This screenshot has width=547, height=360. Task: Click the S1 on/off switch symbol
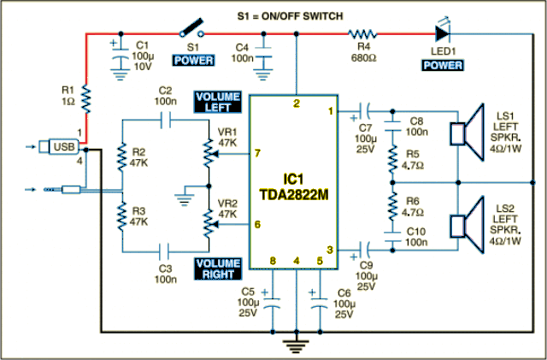click(x=191, y=28)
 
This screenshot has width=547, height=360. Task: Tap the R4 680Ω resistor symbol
click(x=362, y=34)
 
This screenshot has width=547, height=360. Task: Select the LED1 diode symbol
click(x=443, y=32)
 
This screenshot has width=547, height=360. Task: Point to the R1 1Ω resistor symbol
click(x=86, y=99)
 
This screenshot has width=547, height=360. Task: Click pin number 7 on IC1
click(x=257, y=153)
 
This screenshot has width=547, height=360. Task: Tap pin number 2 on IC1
click(x=297, y=103)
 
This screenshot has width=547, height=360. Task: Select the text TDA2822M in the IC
click(x=294, y=195)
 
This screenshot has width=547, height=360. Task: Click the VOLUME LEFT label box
click(x=218, y=102)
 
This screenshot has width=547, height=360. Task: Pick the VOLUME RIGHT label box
click(x=218, y=269)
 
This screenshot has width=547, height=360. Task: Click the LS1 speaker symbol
click(x=468, y=133)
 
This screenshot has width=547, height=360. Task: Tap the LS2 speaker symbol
click(x=468, y=225)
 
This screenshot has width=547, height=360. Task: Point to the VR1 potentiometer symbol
click(x=209, y=153)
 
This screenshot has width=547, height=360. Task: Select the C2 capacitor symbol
click(x=166, y=121)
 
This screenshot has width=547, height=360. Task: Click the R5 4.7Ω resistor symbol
click(x=393, y=159)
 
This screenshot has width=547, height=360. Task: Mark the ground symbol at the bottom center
click(x=297, y=345)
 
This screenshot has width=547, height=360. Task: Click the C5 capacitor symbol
click(x=273, y=303)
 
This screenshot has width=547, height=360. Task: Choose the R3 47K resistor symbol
click(x=121, y=216)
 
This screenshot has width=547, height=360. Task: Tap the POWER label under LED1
click(x=443, y=65)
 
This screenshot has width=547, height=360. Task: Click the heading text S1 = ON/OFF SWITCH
click(x=291, y=16)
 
